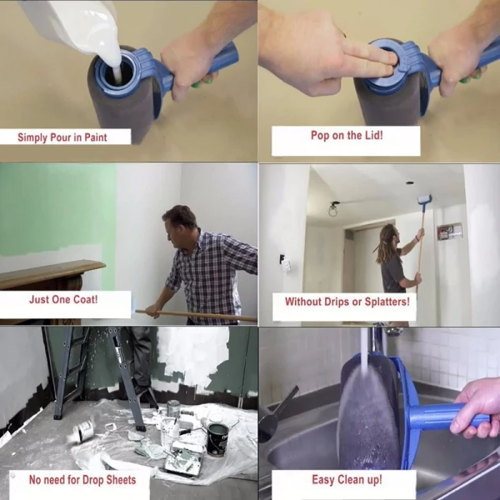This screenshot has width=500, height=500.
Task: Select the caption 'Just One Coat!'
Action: (x=64, y=298)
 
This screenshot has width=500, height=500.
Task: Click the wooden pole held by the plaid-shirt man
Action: (x=200, y=315)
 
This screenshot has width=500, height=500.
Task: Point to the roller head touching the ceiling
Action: (x=424, y=200)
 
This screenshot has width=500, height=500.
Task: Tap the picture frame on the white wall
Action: (x=449, y=232)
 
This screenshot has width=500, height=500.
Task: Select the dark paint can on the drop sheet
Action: (x=217, y=438)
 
